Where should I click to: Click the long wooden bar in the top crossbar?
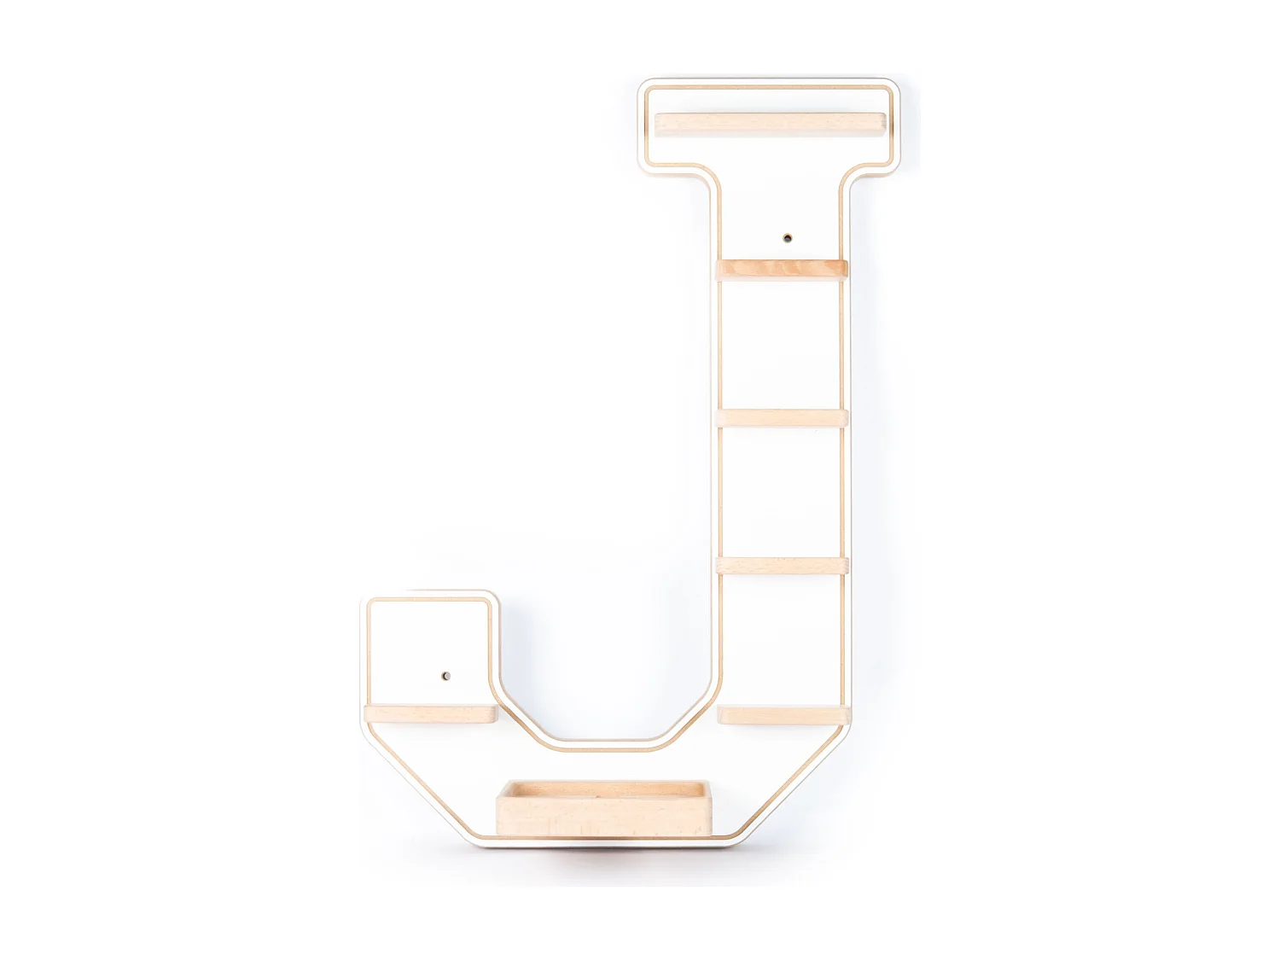pos(770,124)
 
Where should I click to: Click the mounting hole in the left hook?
pos(444,677)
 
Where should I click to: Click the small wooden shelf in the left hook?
pos(430,714)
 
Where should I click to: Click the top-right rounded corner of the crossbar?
pos(893,86)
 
